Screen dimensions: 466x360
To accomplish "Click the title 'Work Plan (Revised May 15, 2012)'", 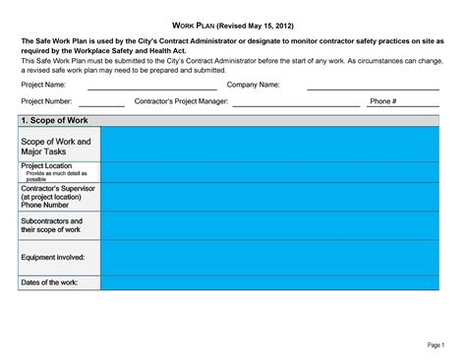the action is point(232,23).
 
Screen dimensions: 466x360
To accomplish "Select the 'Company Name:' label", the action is point(254,85).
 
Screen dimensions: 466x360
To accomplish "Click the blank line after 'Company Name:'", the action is point(373,88).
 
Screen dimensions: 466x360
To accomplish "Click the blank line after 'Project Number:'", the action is point(101,104).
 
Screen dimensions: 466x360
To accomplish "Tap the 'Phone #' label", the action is point(381,101).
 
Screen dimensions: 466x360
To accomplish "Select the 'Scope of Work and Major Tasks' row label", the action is point(56,148).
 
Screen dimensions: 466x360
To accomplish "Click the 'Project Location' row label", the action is point(46,167).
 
